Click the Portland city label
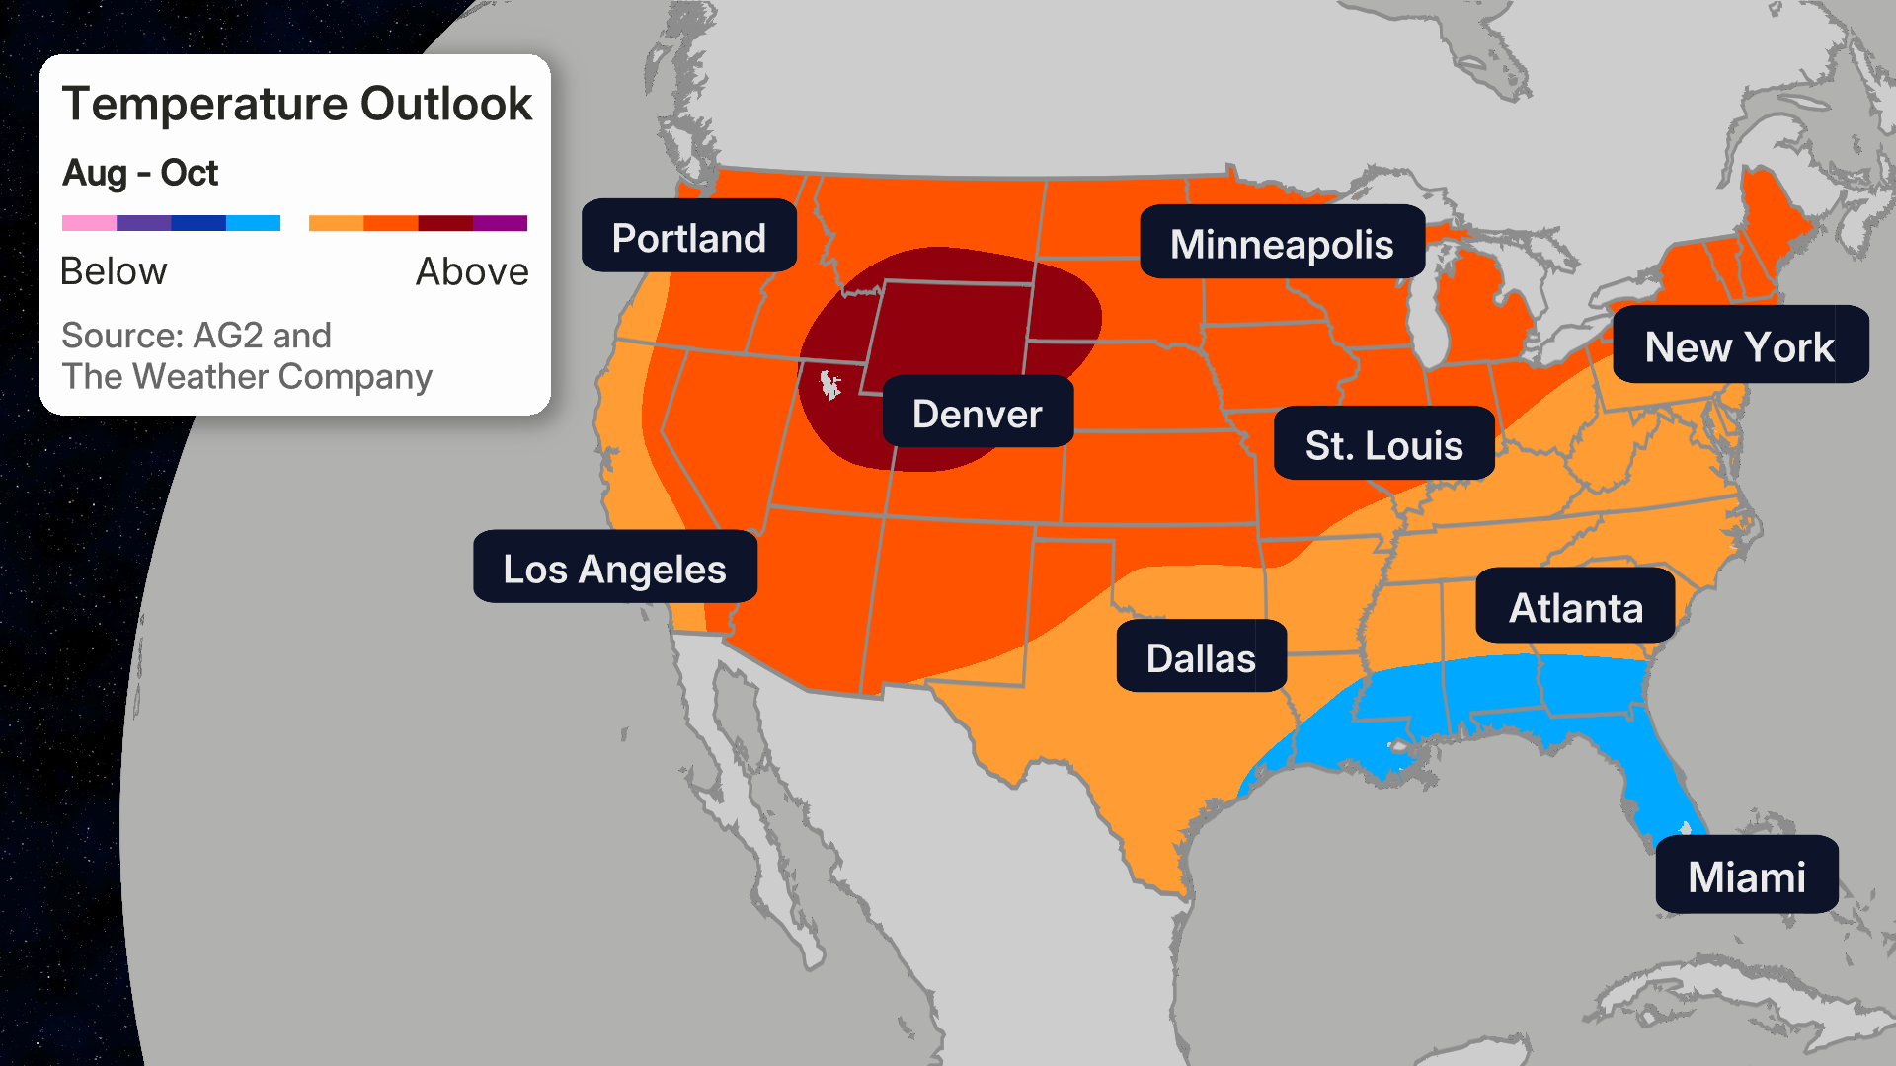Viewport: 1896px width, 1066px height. (688, 237)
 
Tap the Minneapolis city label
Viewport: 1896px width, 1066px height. (1281, 243)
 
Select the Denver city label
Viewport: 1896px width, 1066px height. (977, 413)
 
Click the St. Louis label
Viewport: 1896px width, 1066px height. (1382, 444)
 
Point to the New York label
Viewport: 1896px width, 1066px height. (1739, 345)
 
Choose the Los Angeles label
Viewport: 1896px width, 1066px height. (614, 568)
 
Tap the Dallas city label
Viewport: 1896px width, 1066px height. (1200, 657)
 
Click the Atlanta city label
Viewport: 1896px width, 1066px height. (1575, 606)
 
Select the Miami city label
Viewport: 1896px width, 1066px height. (1746, 876)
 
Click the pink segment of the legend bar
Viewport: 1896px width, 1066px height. (89, 223)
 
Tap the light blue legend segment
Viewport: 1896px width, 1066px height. (253, 223)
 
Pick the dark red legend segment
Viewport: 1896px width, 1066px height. (445, 223)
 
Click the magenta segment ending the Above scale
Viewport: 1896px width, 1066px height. (501, 223)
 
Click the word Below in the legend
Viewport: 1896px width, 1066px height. (114, 271)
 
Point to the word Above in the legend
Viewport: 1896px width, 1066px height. (472, 271)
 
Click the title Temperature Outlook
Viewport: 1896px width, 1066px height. (296, 105)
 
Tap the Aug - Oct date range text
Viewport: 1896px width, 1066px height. (140, 173)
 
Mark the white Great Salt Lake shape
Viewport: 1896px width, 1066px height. (829, 384)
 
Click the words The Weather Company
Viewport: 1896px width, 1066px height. (247, 377)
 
